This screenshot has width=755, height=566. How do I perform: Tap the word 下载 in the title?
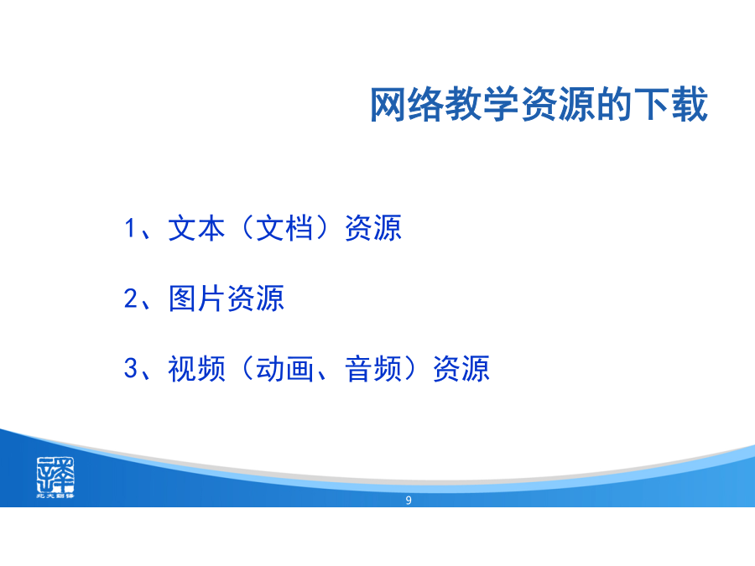[x=671, y=105]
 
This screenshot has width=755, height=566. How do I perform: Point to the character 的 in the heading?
[x=614, y=105]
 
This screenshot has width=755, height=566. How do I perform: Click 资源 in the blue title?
[x=558, y=105]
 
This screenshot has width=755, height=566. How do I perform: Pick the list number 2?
[x=131, y=299]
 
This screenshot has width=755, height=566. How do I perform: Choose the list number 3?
[x=131, y=368]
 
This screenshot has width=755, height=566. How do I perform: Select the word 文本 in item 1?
[x=196, y=228]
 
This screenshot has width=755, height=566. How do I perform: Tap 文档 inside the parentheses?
[x=284, y=228]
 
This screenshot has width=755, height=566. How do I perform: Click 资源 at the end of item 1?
[x=373, y=228]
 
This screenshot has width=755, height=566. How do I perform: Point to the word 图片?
[x=196, y=299]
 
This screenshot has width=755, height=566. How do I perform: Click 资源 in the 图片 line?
[x=256, y=299]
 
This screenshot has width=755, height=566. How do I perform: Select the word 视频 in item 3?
[x=196, y=369]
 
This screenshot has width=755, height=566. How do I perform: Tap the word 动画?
[x=284, y=369]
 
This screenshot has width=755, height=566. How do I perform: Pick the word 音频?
[x=373, y=369]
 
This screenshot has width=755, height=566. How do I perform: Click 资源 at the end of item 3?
[x=461, y=369]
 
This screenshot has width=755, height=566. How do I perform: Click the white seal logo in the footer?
[x=55, y=477]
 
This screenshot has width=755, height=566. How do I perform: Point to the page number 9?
[x=409, y=501]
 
